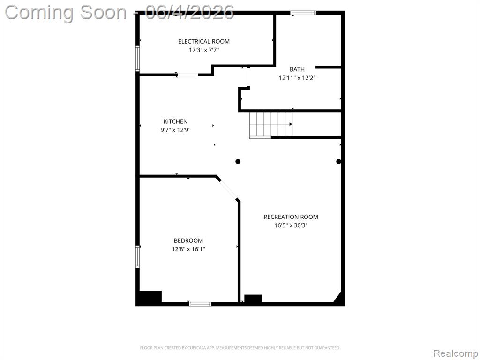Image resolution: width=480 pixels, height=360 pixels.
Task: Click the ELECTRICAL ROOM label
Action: (204, 41)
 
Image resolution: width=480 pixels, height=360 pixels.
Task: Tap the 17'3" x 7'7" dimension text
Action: (204, 50)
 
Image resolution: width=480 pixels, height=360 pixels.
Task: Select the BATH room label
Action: (297, 69)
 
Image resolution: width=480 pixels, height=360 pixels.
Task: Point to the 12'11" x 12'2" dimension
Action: (297, 78)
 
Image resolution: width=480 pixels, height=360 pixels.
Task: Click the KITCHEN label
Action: (175, 121)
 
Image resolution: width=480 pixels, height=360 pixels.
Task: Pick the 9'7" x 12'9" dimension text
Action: (175, 130)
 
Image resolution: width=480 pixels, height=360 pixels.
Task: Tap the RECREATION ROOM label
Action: (291, 217)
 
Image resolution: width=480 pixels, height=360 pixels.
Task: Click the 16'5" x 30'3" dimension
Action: (291, 225)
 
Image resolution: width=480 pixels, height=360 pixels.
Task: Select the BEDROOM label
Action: (188, 240)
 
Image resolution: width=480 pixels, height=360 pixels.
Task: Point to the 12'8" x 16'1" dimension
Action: (188, 249)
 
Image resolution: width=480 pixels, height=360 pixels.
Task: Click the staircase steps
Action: (271, 124)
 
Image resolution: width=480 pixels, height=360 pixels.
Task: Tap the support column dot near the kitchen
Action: (238, 161)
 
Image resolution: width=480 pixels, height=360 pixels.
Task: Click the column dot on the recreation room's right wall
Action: (338, 161)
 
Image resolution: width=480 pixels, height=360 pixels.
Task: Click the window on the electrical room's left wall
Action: (137, 59)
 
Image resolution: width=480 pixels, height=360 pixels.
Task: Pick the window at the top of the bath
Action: (303, 13)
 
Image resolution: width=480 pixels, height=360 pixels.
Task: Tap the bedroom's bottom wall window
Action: (200, 304)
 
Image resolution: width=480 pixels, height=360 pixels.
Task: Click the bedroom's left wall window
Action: (137, 257)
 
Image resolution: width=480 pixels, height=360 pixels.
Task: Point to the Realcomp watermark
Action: (456, 353)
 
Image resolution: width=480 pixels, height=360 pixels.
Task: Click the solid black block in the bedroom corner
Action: (150, 297)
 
